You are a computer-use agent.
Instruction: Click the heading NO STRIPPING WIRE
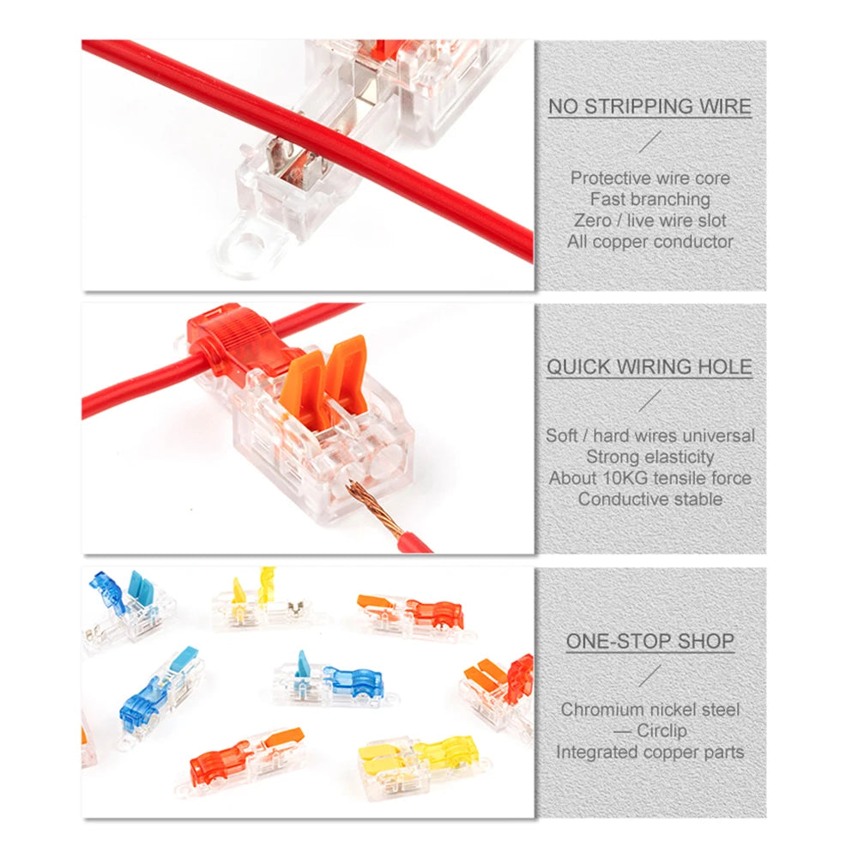[x=650, y=106]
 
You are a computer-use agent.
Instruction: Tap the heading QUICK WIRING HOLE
[x=650, y=366]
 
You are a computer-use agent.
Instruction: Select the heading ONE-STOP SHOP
[x=650, y=641]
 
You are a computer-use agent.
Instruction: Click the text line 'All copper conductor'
[x=650, y=241]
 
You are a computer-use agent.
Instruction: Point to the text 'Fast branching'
[x=650, y=199]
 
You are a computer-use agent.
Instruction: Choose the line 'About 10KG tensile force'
[x=650, y=478]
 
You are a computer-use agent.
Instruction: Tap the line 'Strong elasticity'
[x=650, y=456]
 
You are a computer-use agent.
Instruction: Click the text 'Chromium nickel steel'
[x=650, y=710]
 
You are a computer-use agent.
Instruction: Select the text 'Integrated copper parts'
[x=650, y=752]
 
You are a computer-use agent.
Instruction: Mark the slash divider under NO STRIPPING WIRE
[x=650, y=142]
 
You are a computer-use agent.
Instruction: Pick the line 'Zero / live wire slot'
[x=650, y=220]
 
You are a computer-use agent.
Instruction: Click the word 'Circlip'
[x=662, y=730]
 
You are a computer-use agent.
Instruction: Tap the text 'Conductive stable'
[x=650, y=499]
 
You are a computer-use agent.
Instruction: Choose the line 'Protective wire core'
[x=650, y=178]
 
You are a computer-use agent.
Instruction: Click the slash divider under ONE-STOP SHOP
[x=650, y=675]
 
